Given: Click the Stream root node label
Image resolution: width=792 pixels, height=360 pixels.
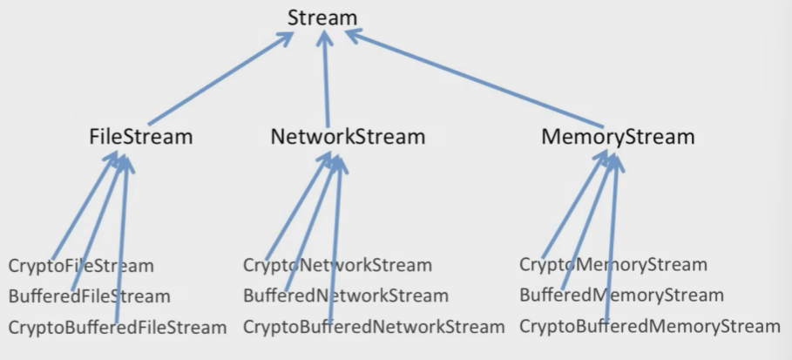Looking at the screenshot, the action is (322, 17).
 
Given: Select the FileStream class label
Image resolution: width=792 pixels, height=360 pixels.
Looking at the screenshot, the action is (141, 137).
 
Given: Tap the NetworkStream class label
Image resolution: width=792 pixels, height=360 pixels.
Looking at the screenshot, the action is (348, 137).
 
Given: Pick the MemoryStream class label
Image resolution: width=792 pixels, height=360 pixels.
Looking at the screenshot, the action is (619, 137).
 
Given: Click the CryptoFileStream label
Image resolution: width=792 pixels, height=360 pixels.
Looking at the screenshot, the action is (81, 266).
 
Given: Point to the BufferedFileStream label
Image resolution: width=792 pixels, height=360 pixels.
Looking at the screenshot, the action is (90, 296).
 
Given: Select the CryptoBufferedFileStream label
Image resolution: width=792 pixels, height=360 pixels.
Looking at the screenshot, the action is (118, 328).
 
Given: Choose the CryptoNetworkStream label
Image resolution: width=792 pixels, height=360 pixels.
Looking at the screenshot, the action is (337, 265).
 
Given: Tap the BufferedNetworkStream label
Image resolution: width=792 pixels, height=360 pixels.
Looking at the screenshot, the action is (346, 295).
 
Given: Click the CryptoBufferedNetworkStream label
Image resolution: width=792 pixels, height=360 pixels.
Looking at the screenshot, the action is (374, 327).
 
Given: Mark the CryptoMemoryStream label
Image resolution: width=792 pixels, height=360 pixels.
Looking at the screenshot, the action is (613, 264).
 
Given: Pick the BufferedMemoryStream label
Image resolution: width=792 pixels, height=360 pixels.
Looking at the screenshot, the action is (622, 295).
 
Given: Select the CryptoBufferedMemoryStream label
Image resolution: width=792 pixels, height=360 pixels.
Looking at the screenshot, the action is (650, 326).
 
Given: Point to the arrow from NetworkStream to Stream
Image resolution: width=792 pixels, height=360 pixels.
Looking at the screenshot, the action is (326, 78).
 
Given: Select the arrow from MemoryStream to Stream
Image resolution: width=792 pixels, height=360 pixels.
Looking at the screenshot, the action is (474, 78).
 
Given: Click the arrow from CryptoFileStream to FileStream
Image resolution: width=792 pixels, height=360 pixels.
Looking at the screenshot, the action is (85, 206).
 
